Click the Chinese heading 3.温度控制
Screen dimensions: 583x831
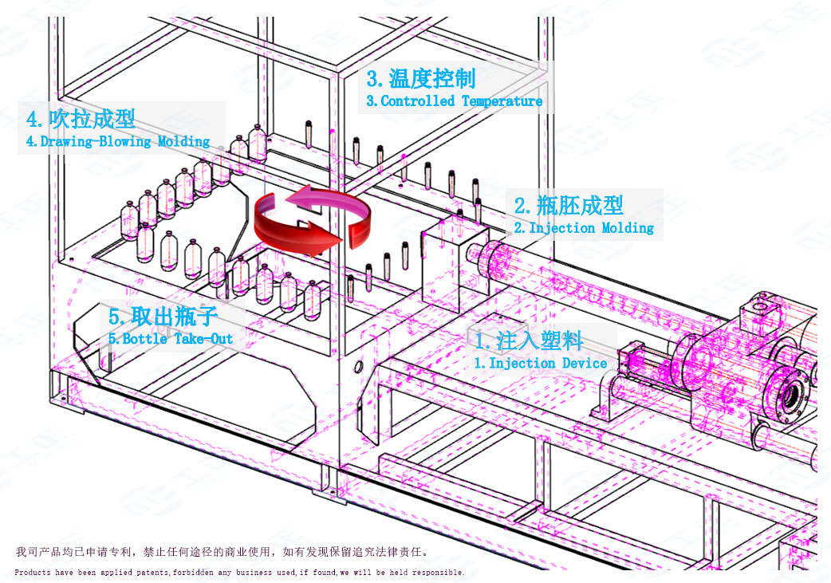point(421,78)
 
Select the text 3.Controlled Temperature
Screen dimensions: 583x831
point(455,101)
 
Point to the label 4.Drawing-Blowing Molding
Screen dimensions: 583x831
point(118,141)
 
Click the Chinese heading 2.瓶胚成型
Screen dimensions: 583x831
point(569,205)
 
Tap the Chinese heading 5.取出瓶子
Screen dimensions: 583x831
point(163,316)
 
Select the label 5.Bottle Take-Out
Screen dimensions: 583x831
point(171,338)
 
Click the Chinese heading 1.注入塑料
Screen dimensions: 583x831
point(529,341)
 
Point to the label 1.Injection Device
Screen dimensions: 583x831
point(541,363)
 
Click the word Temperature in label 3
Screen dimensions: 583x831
point(502,101)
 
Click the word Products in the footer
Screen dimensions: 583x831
point(31,573)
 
